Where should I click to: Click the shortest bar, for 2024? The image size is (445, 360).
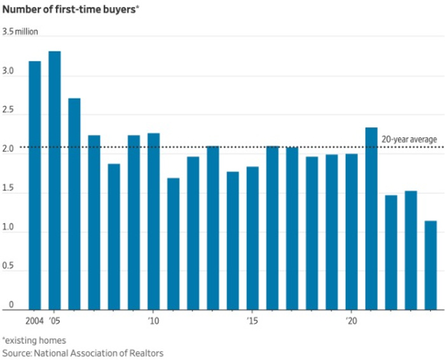(x=430, y=265)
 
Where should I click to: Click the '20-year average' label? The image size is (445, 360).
(x=409, y=139)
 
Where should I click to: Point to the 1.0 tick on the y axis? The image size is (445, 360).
(x=8, y=232)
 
